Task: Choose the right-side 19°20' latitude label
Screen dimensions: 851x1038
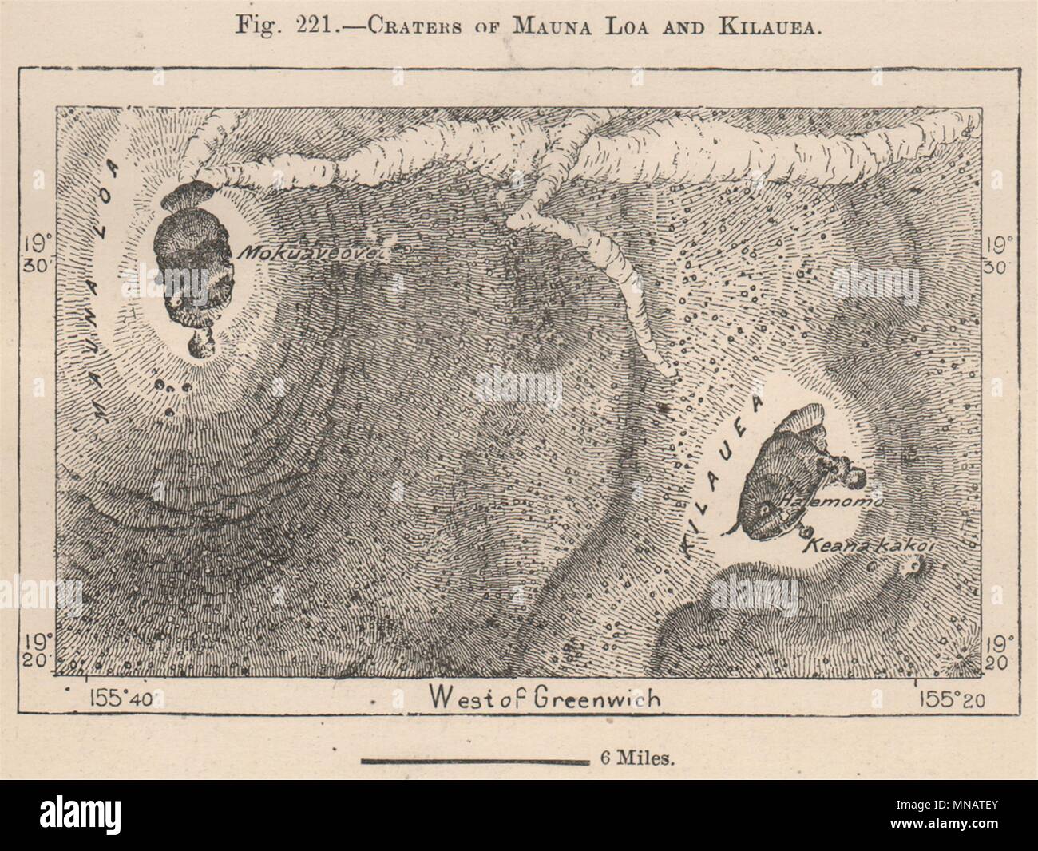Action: [998, 651]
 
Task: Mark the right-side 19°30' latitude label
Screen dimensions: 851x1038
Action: [998, 253]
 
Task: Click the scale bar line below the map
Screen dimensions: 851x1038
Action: [474, 760]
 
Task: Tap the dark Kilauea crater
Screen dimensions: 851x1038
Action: [786, 479]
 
